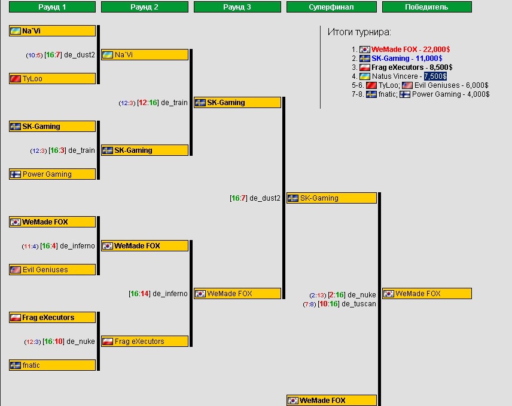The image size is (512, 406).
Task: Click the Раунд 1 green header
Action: point(52,7)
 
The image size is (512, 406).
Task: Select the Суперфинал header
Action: point(331,7)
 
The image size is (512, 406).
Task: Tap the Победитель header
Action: point(426,7)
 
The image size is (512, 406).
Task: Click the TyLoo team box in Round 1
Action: point(52,79)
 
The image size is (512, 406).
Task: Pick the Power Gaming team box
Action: point(52,174)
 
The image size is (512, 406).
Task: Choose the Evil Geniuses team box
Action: point(52,270)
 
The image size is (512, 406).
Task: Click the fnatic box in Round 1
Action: point(52,365)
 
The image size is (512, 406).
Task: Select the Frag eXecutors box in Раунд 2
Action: point(145,342)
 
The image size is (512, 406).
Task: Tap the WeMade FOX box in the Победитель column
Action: point(427,294)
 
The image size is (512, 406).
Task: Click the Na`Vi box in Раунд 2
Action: point(145,55)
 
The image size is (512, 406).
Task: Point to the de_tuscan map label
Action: point(359,304)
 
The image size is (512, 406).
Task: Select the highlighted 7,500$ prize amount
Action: point(435,76)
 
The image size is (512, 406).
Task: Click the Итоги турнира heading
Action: point(359,32)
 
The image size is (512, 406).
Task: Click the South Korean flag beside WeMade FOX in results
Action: point(364,50)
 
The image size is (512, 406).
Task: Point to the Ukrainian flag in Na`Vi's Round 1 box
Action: point(16,31)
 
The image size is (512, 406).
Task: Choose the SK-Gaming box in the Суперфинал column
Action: point(331,198)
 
